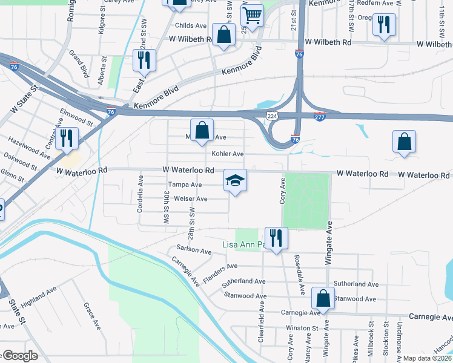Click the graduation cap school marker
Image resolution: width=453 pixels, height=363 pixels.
pos(235,180)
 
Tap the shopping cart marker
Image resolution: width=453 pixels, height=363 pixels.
pos(252,16)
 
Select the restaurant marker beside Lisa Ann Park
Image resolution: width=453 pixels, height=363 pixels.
pos(276,237)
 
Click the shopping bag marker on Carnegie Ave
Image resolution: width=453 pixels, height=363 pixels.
pos(323,298)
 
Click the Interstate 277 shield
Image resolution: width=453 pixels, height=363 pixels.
pos(320,117)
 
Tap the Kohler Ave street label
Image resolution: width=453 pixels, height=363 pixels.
pos(227,154)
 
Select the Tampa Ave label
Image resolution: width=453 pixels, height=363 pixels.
pos(185,185)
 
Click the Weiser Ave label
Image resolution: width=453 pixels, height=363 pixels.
pos(190,198)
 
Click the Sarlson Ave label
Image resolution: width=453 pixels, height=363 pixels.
pos(194,250)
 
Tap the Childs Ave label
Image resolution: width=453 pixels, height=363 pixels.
pos(190,26)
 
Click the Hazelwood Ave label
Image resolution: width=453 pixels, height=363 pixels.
pos(29,147)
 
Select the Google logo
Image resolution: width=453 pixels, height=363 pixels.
pos(19,356)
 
